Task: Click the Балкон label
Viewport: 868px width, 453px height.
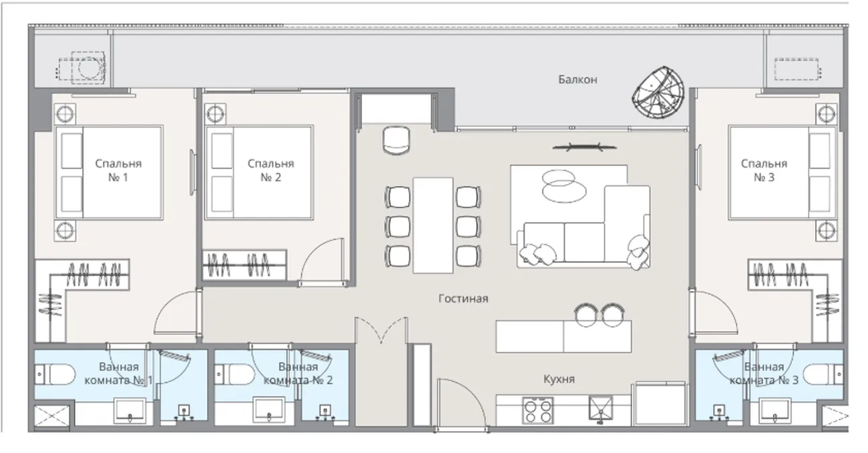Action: pos(578,79)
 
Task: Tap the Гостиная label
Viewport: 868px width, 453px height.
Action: pos(463,298)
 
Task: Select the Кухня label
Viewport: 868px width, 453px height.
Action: pos(559,379)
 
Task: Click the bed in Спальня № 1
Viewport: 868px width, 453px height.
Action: pos(109,172)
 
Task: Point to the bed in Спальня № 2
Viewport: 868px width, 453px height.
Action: pos(259,172)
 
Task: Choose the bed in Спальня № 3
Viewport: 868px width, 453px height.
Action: pos(782,172)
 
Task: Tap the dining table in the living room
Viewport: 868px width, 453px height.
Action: pos(433,225)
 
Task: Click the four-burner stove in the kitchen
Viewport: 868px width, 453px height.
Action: pos(537,411)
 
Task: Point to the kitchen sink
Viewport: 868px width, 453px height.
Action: pos(600,408)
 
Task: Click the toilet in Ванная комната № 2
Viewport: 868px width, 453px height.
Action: pos(235,374)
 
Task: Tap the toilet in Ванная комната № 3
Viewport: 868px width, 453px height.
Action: pos(823,374)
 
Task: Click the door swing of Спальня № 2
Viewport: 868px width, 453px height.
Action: pos(322,262)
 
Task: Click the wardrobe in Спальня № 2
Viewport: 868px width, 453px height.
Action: pos(244,266)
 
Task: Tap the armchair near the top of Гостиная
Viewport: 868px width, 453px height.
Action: pos(396,141)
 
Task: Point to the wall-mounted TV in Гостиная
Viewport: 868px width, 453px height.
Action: pos(584,147)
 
